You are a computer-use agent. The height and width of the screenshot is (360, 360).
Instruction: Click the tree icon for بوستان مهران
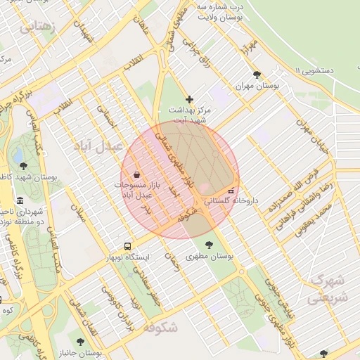[x=257, y=74]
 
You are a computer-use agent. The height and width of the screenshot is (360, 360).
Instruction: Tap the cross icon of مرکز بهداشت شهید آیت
[x=189, y=99]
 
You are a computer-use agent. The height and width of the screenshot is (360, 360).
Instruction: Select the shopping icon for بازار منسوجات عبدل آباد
[x=136, y=174]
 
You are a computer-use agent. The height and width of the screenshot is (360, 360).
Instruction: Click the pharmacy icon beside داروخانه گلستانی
[x=231, y=191]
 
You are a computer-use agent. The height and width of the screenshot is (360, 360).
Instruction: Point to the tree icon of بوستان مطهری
[x=209, y=245]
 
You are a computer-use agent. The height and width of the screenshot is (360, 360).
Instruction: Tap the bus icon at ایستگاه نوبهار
[x=127, y=246]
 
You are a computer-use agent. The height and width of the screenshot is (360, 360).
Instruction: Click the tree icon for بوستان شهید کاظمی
[x=25, y=166]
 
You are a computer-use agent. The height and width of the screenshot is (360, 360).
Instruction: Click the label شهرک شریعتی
[x=327, y=288]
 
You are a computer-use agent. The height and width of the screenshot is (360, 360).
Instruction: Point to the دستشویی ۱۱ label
[x=323, y=71]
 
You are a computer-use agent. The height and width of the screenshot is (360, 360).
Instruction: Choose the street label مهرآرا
[x=245, y=49]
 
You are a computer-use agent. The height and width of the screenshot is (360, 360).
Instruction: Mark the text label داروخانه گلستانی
[x=226, y=201]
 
